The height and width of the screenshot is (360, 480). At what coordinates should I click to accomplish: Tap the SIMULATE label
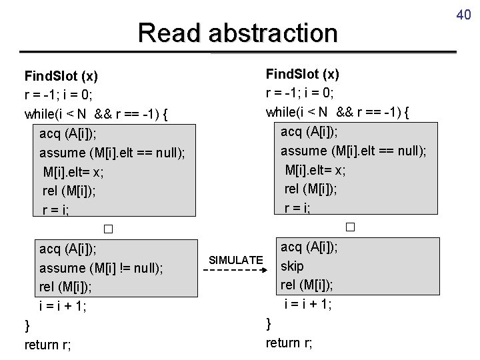coord(236,259)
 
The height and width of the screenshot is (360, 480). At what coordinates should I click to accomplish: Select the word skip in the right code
coord(292,266)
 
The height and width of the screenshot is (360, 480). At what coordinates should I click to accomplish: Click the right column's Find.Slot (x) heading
coord(302,73)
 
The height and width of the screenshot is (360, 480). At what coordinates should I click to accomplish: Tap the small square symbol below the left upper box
coord(108,230)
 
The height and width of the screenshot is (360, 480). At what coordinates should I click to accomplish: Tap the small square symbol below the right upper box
coord(350,227)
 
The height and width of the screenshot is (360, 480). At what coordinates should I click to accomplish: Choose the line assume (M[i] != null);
coord(101,269)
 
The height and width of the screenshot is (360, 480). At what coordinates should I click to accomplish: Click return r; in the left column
coord(48,345)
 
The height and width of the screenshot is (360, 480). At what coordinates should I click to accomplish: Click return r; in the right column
coord(289,343)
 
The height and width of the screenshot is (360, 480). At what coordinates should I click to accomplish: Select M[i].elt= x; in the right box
coord(315,169)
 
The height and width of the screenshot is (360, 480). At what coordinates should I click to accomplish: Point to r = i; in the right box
coord(297,208)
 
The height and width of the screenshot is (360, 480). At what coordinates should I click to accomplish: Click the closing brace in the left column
coord(27,325)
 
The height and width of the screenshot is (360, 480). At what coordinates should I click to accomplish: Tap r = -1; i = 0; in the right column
coord(300,92)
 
